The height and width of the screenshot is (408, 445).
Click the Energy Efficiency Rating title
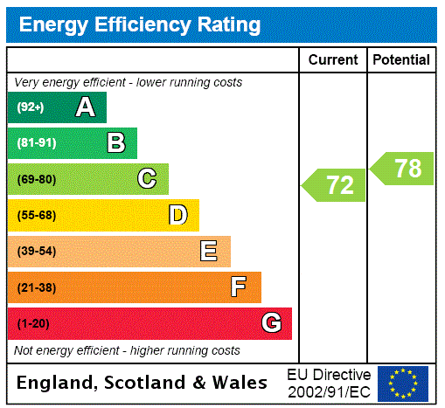tap(140, 24)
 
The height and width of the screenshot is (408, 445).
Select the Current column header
tap(333, 60)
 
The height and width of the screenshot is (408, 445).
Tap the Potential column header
tap(401, 60)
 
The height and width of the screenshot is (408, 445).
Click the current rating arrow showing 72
tap(335, 185)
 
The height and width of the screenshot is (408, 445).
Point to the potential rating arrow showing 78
tap(403, 169)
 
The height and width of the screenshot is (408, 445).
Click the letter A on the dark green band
tap(85, 107)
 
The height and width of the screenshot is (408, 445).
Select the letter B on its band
tap(116, 143)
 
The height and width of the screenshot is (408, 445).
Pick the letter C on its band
tap(147, 179)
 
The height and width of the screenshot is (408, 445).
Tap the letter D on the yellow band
tap(177, 215)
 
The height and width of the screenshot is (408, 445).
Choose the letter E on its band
tap(209, 252)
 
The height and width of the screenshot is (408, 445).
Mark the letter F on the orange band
tap(239, 287)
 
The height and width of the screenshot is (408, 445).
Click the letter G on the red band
tap(271, 323)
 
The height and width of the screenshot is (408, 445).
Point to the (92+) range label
tap(31, 107)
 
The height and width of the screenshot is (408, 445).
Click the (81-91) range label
tap(36, 143)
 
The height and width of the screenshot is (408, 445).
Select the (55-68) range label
tap(36, 215)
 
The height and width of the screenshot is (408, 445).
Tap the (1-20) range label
tap(33, 323)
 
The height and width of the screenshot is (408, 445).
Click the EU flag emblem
tap(403, 383)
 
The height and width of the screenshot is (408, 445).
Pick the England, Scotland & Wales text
tap(143, 383)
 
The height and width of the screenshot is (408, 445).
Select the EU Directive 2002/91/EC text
tap(329, 383)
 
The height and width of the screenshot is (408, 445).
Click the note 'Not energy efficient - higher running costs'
tap(127, 350)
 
